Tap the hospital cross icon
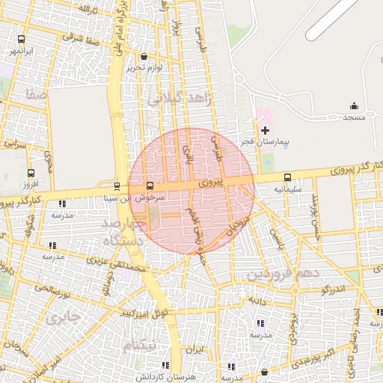(265, 130)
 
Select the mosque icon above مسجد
(354, 106)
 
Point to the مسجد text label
(354, 117)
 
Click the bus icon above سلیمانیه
(288, 177)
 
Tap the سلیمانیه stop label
(288, 189)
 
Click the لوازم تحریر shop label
(144, 67)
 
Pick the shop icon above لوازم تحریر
(144, 56)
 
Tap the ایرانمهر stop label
(20, 51)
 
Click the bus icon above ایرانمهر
(20, 39)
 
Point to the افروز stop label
(30, 183)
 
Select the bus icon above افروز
(30, 171)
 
